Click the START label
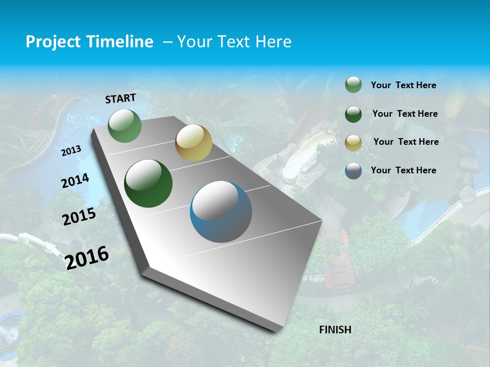[120, 98]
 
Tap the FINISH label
[335, 330]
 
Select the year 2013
[71, 151]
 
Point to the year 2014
[75, 180]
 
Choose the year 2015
[79, 217]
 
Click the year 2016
[87, 258]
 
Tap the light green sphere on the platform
[125, 126]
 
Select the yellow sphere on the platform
[193, 143]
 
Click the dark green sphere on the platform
[149, 183]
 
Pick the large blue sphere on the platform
[221, 212]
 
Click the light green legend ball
[353, 85]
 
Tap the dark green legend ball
[353, 114]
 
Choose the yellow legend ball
[353, 143]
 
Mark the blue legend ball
[353, 171]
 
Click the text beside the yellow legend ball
[406, 142]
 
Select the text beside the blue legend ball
[403, 170]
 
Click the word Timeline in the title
[117, 42]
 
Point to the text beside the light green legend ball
[403, 85]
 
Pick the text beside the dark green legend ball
[405, 114]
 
